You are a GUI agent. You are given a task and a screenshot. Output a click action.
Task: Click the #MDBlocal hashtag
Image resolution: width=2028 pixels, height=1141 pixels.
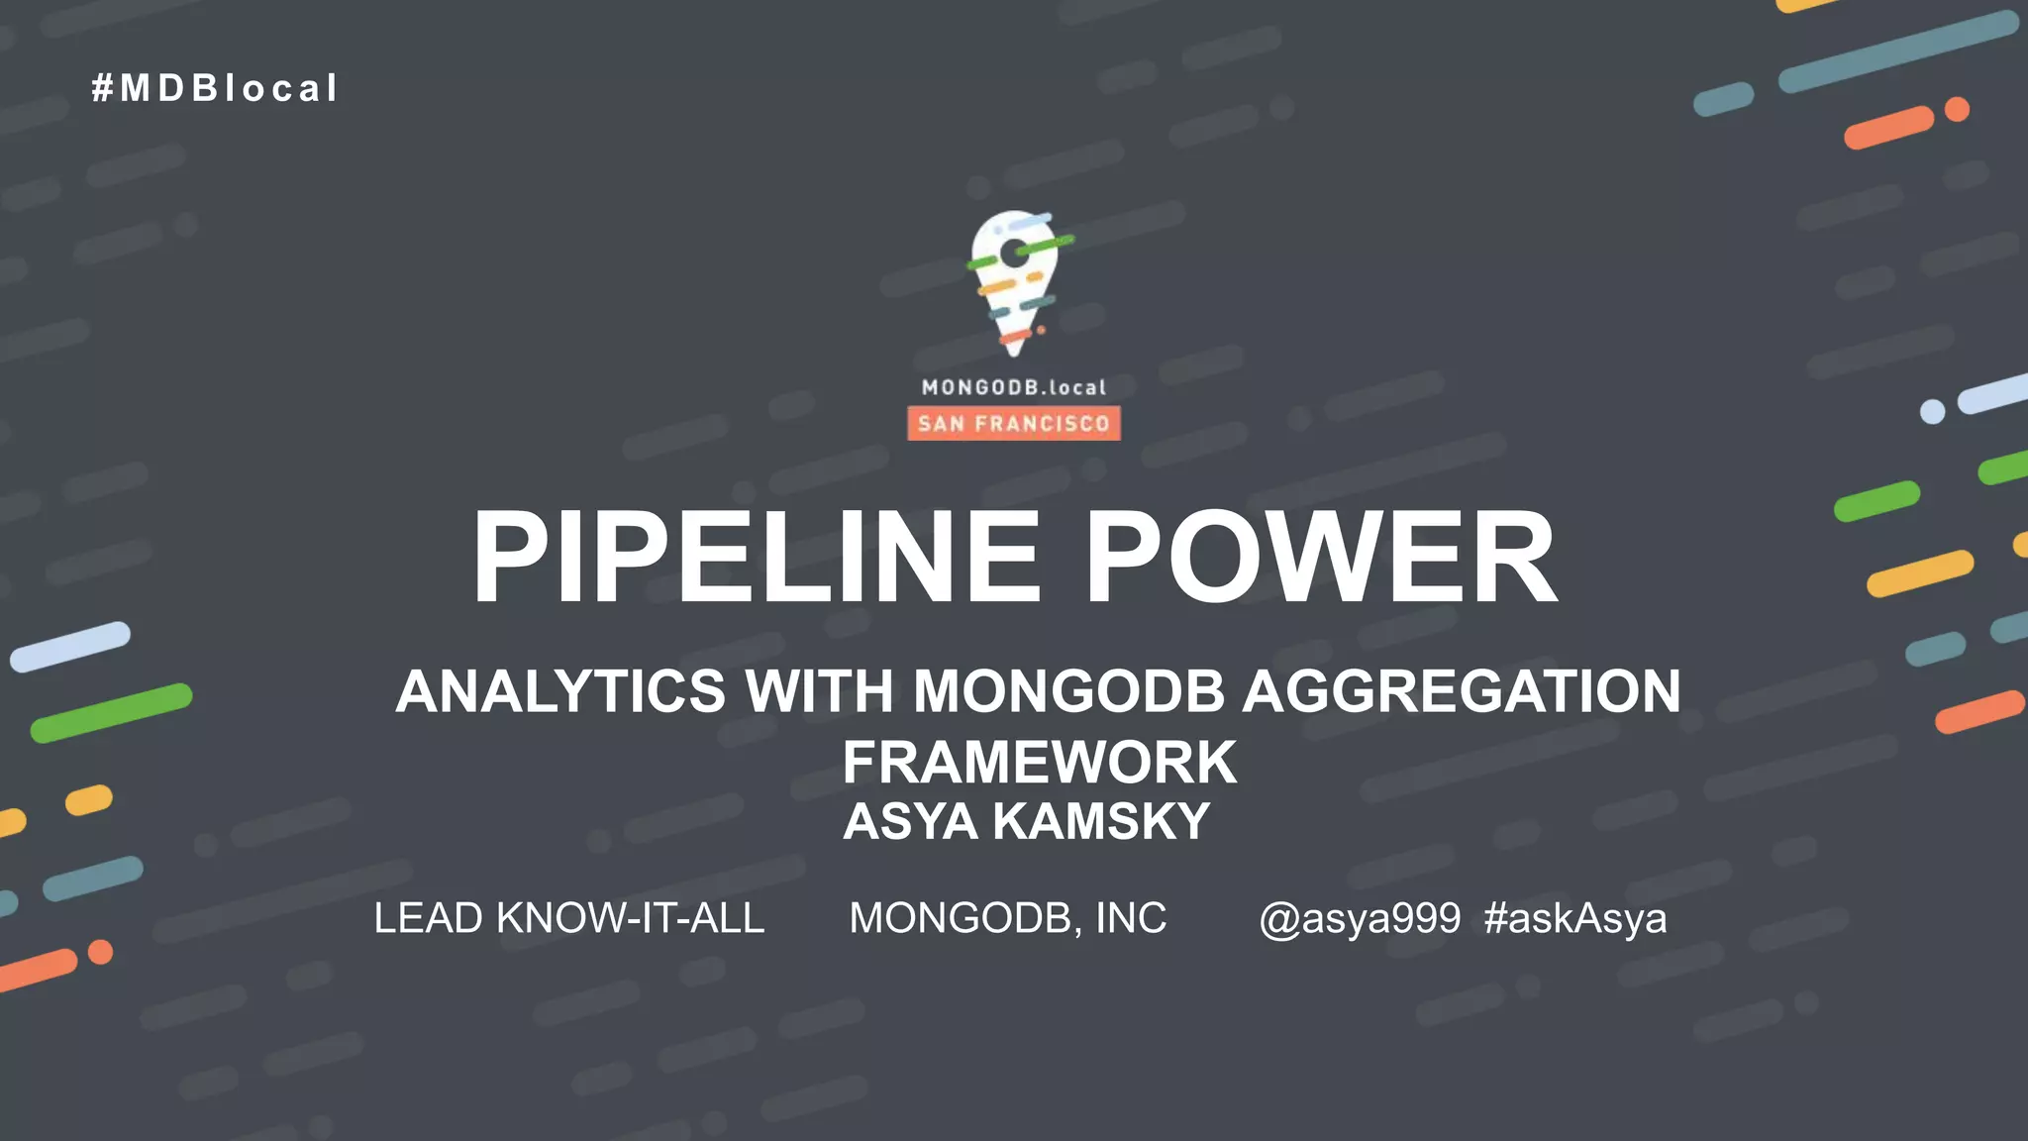point(215,88)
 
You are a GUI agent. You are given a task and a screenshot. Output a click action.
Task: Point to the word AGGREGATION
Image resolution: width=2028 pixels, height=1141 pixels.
point(1462,690)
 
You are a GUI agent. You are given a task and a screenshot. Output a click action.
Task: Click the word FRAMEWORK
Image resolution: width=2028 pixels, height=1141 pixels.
point(1040,762)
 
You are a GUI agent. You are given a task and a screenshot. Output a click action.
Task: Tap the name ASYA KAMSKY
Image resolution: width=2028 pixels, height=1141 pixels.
point(1026,821)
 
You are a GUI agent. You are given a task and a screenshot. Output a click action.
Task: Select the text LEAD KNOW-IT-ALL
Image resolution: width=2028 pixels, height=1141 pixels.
point(569,918)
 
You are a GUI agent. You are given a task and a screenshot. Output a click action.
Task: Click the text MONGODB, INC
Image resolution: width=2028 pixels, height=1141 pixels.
point(1008,918)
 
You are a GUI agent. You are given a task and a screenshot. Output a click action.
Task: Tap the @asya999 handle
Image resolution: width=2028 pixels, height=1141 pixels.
point(1360,919)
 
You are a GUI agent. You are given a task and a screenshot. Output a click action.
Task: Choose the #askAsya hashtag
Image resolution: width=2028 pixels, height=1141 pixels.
point(1575,919)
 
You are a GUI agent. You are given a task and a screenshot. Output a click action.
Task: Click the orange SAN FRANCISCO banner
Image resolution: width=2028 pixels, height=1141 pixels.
point(1014,424)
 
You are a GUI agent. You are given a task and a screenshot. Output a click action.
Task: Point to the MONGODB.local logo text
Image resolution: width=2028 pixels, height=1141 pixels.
point(1014,387)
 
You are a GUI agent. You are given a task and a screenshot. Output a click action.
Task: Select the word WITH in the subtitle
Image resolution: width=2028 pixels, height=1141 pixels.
point(820,690)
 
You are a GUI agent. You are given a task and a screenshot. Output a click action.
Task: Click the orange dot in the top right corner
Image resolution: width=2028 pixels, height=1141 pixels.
point(1957,109)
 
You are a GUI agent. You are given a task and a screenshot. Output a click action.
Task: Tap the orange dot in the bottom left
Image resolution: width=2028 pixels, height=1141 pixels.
point(101,952)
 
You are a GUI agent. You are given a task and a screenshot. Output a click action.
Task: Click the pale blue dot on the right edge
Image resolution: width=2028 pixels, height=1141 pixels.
point(1932,412)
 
